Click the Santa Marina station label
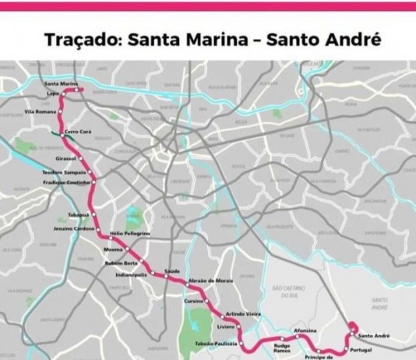pyautogui.click(x=61, y=83)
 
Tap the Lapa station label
pyautogui.click(x=54, y=93)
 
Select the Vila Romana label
pyautogui.click(x=41, y=112)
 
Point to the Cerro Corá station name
pyautogui.click(x=79, y=132)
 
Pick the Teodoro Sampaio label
pyautogui.click(x=63, y=171)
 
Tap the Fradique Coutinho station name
pyautogui.click(x=66, y=182)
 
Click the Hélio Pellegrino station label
pyautogui.click(x=130, y=234)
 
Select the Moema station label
pyautogui.click(x=113, y=249)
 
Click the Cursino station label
pyautogui.click(x=193, y=300)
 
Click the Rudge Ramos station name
pyautogui.click(x=283, y=348)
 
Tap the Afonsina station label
pyautogui.click(x=305, y=331)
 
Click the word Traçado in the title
pyautogui.click(x=78, y=40)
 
